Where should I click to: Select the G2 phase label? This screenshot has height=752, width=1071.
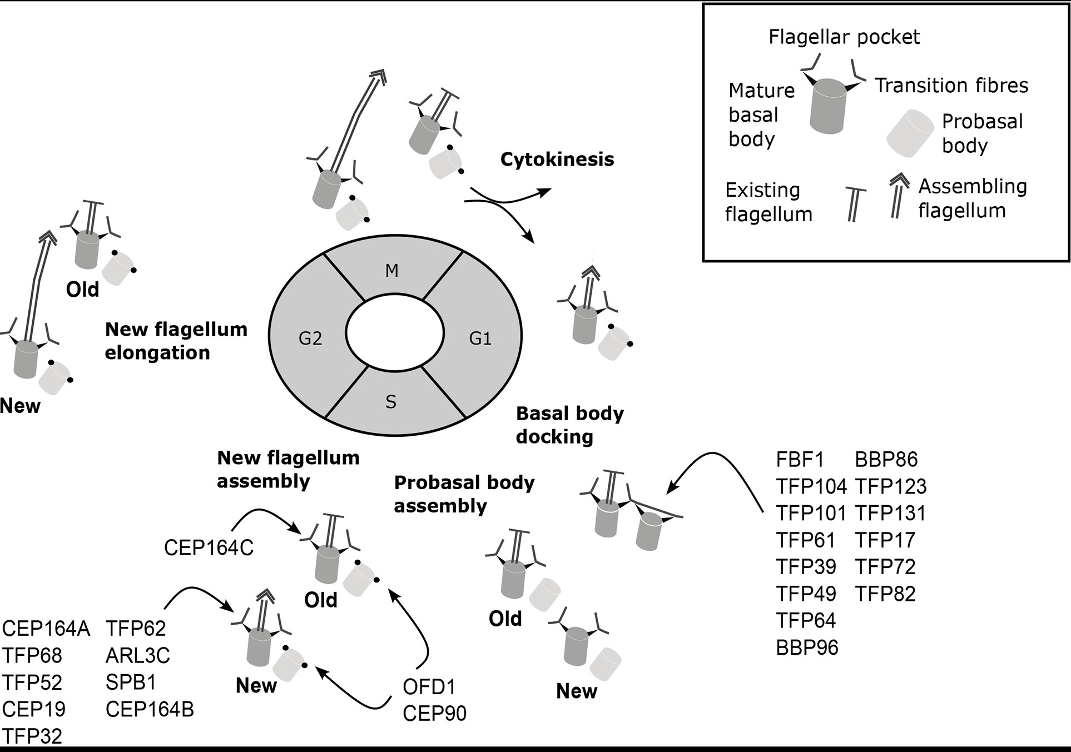point(310,338)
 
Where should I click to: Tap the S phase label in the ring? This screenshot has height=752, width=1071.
point(391,402)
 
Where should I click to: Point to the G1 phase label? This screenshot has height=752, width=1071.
point(480,338)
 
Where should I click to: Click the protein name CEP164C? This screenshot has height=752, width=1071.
point(209,548)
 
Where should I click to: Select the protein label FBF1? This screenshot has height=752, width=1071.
point(800,460)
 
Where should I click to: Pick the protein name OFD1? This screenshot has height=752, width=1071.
point(429,687)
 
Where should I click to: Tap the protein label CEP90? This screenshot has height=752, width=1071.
point(434,714)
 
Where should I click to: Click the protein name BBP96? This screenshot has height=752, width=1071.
point(807,648)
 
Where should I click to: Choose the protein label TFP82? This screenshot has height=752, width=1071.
point(885,594)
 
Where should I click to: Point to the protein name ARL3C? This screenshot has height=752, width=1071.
point(137,656)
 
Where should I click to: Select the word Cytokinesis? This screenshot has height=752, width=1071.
point(557,160)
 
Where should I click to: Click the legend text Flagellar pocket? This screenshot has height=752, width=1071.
point(844,37)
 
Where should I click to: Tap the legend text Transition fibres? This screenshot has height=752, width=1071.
point(951,86)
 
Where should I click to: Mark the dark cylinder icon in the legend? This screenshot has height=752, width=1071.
point(829,106)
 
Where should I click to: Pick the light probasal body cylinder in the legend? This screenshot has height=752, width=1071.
point(910,133)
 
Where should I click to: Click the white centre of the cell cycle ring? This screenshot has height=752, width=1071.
point(395,333)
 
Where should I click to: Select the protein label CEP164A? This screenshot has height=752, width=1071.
point(46,629)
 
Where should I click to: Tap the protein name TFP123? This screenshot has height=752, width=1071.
point(891,486)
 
